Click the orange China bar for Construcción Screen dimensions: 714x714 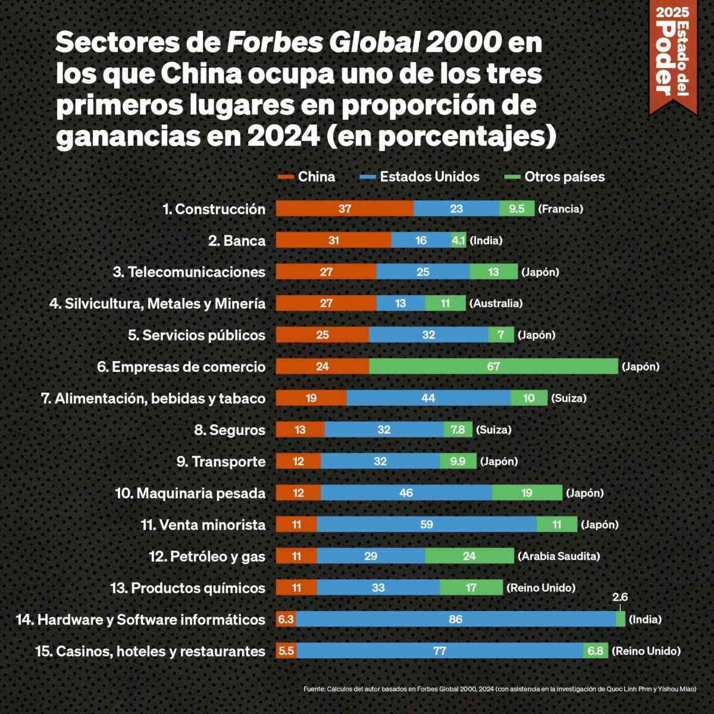point(345,209)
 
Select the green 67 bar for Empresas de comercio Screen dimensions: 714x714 point(493,367)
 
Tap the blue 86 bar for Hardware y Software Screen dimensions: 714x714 point(455,619)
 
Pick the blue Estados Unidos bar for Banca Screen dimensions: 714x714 point(421,240)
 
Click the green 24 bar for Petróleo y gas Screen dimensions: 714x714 point(469,556)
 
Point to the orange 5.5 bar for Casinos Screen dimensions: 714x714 point(286,651)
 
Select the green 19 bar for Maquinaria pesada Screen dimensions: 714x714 point(527,493)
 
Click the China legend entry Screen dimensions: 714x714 point(307,177)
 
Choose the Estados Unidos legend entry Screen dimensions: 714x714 point(420,177)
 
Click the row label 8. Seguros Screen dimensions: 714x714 point(230,430)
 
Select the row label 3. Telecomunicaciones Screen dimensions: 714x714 point(189,272)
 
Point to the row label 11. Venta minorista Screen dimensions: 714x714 point(203,525)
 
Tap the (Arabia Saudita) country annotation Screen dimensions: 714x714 point(559,556)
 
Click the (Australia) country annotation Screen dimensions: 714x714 point(496,303)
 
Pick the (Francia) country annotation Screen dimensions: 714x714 point(560,209)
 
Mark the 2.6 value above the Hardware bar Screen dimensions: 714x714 point(620,597)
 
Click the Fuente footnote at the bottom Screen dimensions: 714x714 point(500,688)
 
